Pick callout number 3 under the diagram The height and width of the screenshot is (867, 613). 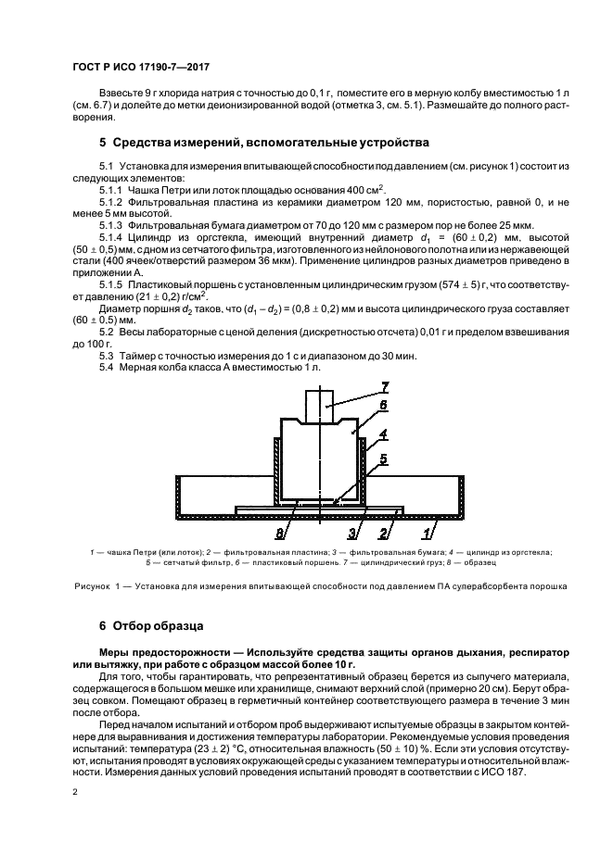click(x=352, y=533)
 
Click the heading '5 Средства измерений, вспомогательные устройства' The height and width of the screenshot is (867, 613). click(x=264, y=143)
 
